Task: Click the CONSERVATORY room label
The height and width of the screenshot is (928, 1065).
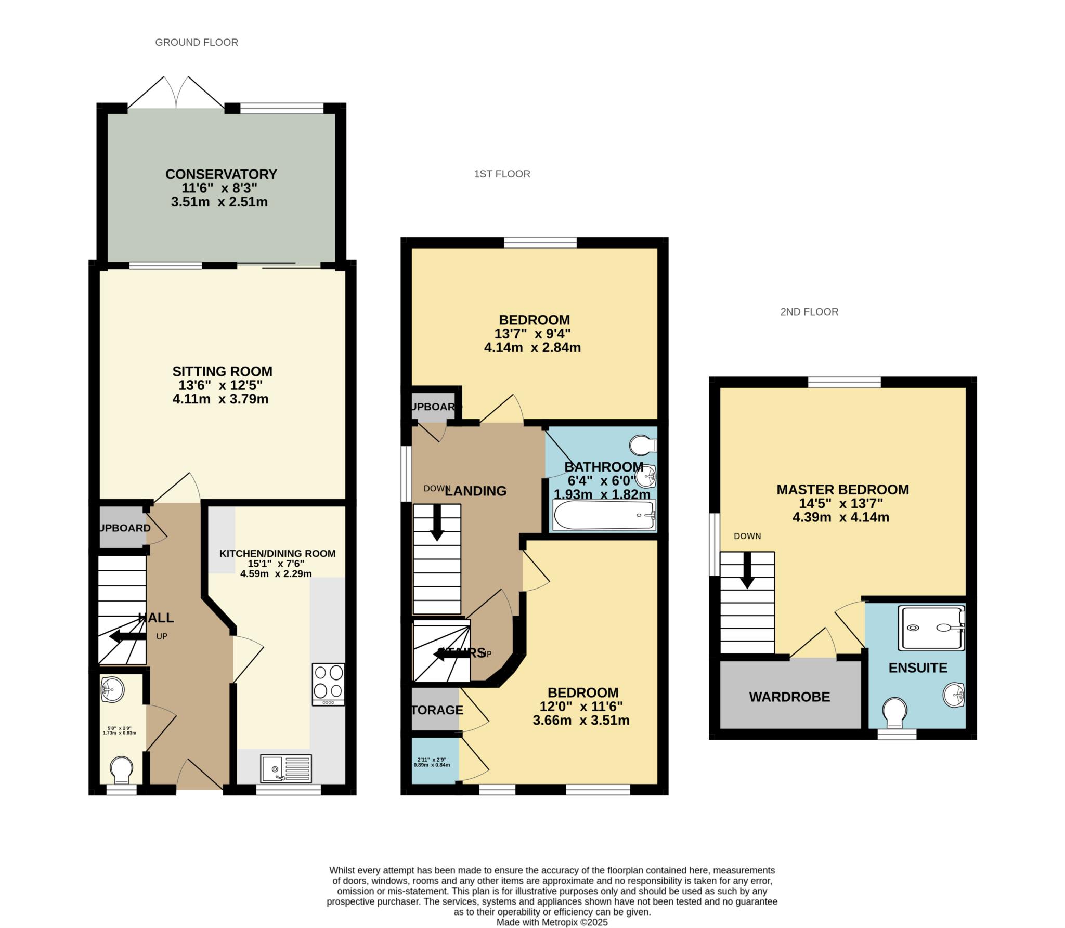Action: pyautogui.click(x=221, y=174)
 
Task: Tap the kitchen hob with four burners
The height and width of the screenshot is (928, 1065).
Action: pyautogui.click(x=328, y=684)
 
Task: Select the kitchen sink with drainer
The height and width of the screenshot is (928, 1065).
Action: pyautogui.click(x=287, y=768)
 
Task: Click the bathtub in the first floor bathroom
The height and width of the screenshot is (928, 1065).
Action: pyautogui.click(x=604, y=515)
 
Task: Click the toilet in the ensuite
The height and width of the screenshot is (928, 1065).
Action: pyautogui.click(x=894, y=712)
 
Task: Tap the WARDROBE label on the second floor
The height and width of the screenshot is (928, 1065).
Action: pyautogui.click(x=789, y=697)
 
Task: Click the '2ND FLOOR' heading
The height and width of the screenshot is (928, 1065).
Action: pyautogui.click(x=809, y=312)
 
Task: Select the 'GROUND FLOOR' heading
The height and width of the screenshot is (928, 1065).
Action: pyautogui.click(x=197, y=43)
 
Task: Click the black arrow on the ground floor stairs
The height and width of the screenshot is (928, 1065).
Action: pyautogui.click(x=127, y=636)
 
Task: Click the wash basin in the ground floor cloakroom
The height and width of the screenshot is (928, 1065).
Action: pyautogui.click(x=112, y=689)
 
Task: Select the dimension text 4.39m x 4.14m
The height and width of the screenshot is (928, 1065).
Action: pyautogui.click(x=840, y=517)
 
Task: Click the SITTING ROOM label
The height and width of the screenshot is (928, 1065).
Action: pyautogui.click(x=222, y=372)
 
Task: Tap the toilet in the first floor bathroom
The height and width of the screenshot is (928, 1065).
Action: pyautogui.click(x=643, y=445)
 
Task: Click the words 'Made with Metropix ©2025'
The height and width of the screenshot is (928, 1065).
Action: pyautogui.click(x=552, y=922)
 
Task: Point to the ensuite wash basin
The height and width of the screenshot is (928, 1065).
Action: pyautogui.click(x=954, y=695)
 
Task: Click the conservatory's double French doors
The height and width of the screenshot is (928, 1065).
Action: pyautogui.click(x=177, y=94)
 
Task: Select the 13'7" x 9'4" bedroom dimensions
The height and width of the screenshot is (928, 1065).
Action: pyautogui.click(x=534, y=334)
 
